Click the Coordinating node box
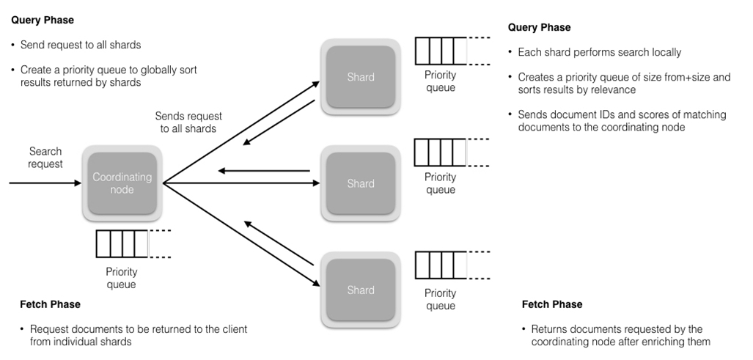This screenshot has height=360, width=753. click(122, 183)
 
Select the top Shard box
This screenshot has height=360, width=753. click(360, 77)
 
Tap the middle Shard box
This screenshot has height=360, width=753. click(360, 183)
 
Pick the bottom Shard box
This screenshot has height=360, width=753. click(360, 290)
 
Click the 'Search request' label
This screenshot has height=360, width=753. click(45, 158)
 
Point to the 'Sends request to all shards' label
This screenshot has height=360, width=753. click(188, 122)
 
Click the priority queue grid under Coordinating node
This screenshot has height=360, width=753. click(122, 244)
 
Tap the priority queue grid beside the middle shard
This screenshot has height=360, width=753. click(439, 153)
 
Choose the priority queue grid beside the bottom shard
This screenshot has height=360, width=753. click(439, 265)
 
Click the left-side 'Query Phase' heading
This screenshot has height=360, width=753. click(43, 21)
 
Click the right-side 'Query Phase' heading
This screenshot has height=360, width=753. click(539, 28)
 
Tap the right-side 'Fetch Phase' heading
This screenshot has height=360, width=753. click(552, 304)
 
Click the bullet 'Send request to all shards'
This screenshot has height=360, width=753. click(81, 45)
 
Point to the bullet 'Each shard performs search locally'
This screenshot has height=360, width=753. click(599, 53)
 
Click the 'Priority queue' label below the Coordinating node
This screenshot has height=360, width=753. click(121, 278)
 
